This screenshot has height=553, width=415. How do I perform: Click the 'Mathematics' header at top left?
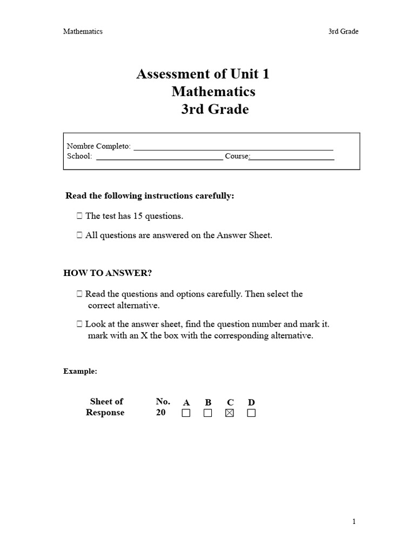tap(83, 31)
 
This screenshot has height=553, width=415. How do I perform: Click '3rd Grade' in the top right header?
tap(343, 31)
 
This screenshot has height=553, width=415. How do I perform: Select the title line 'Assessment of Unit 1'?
tap(203, 74)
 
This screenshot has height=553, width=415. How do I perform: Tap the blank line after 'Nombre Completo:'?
tap(233, 147)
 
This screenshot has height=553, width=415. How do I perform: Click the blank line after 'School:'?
tap(159, 157)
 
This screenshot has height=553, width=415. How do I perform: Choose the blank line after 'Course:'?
tap(292, 157)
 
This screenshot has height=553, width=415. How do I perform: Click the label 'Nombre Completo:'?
tap(98, 146)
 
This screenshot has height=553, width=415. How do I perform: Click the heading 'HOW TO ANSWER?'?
tap(108, 273)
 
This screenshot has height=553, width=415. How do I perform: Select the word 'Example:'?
tap(81, 372)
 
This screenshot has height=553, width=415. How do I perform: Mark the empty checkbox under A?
tap(186, 413)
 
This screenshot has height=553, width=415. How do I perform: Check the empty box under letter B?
tap(207, 413)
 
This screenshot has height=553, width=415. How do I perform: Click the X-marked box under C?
tap(229, 413)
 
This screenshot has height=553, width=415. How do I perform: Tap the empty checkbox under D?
tap(251, 413)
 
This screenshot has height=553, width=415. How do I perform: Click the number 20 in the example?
tap(161, 413)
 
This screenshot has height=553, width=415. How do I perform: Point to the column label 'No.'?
tap(163, 401)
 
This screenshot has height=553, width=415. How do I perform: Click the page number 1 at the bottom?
tap(354, 522)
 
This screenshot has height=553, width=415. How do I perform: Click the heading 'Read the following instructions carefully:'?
tap(150, 196)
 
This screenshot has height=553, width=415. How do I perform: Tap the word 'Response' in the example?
tap(105, 413)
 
